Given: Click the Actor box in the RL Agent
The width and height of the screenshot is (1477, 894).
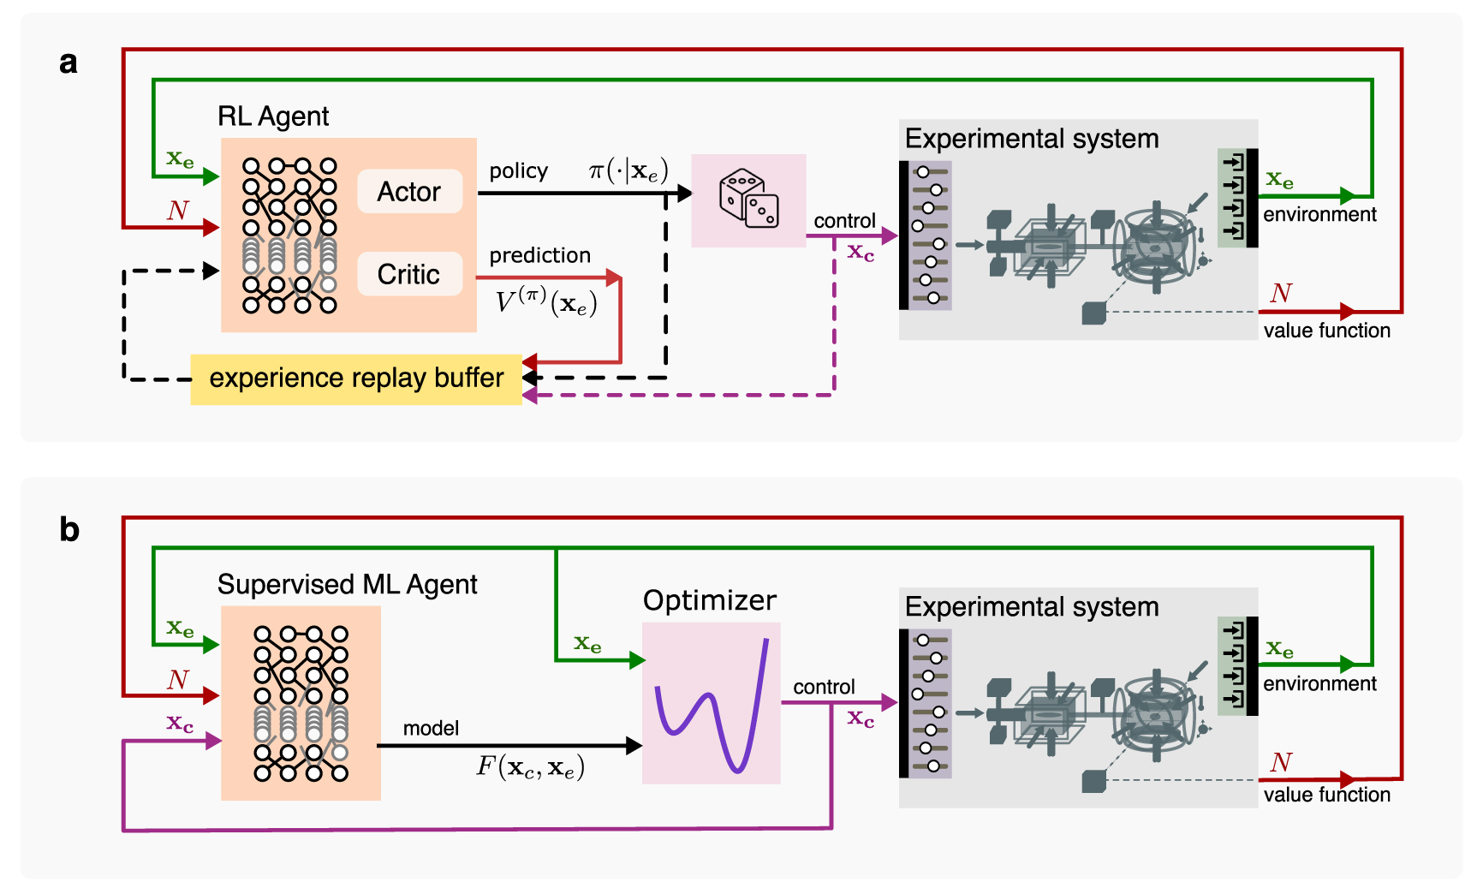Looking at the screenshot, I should click(x=409, y=191).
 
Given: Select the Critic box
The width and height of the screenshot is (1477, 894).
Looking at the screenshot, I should click(x=409, y=274).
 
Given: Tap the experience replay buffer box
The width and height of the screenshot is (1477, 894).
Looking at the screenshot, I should click(x=356, y=378).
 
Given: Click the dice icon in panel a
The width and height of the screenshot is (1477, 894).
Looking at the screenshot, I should click(x=749, y=199).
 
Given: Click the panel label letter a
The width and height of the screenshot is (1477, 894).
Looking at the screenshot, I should click(x=68, y=63).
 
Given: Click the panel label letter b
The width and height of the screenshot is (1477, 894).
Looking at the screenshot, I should click(x=69, y=530).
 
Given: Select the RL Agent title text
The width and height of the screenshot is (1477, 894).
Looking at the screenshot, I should click(x=273, y=116).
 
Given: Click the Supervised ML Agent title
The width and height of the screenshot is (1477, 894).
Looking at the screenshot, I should click(x=347, y=585).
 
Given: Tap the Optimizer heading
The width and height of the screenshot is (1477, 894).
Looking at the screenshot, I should click(x=710, y=600).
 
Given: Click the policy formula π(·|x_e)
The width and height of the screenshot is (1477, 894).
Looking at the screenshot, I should click(x=628, y=171).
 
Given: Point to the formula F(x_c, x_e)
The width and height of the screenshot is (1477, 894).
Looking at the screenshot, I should click(x=530, y=766).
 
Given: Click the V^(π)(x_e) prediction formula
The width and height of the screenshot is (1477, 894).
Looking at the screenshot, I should click(x=546, y=301).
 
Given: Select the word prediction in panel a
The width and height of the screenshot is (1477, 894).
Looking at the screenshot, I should click(x=539, y=255).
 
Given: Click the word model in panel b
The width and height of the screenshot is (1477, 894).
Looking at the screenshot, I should click(x=431, y=728).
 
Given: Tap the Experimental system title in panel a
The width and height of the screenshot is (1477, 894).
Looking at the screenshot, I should click(x=1031, y=139).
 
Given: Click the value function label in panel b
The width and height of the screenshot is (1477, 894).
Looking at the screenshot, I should click(x=1326, y=795).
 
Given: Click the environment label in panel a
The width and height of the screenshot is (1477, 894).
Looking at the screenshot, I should click(x=1319, y=215).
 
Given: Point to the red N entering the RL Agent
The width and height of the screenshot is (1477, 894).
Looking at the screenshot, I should click(x=177, y=211).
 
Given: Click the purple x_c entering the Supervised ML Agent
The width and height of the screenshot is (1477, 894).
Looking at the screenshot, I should click(x=180, y=724).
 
